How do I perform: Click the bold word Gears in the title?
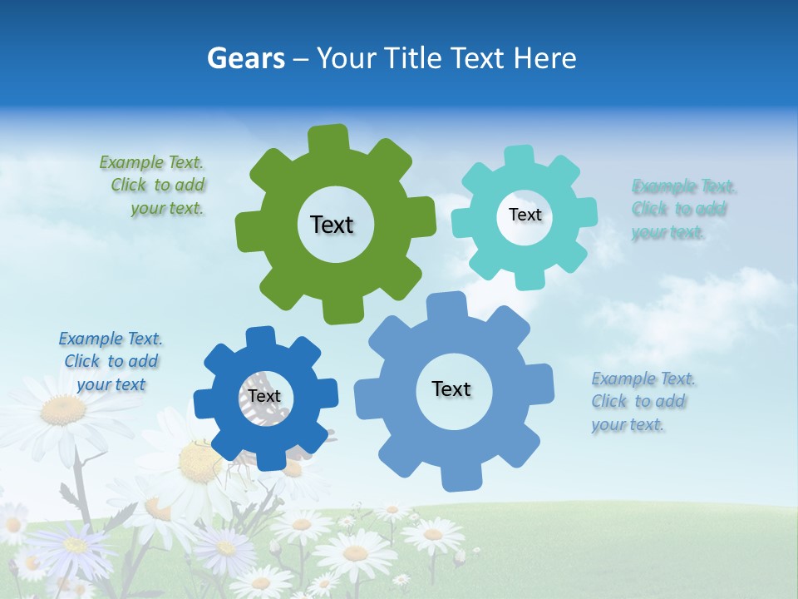(245, 58)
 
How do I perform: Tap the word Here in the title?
(544, 58)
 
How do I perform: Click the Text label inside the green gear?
(332, 225)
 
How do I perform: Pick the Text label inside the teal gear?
(525, 215)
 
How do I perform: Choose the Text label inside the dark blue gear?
(264, 396)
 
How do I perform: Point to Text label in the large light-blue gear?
(451, 389)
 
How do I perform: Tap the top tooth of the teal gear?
(520, 156)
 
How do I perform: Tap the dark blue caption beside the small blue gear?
(111, 361)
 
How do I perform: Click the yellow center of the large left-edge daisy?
(63, 409)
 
